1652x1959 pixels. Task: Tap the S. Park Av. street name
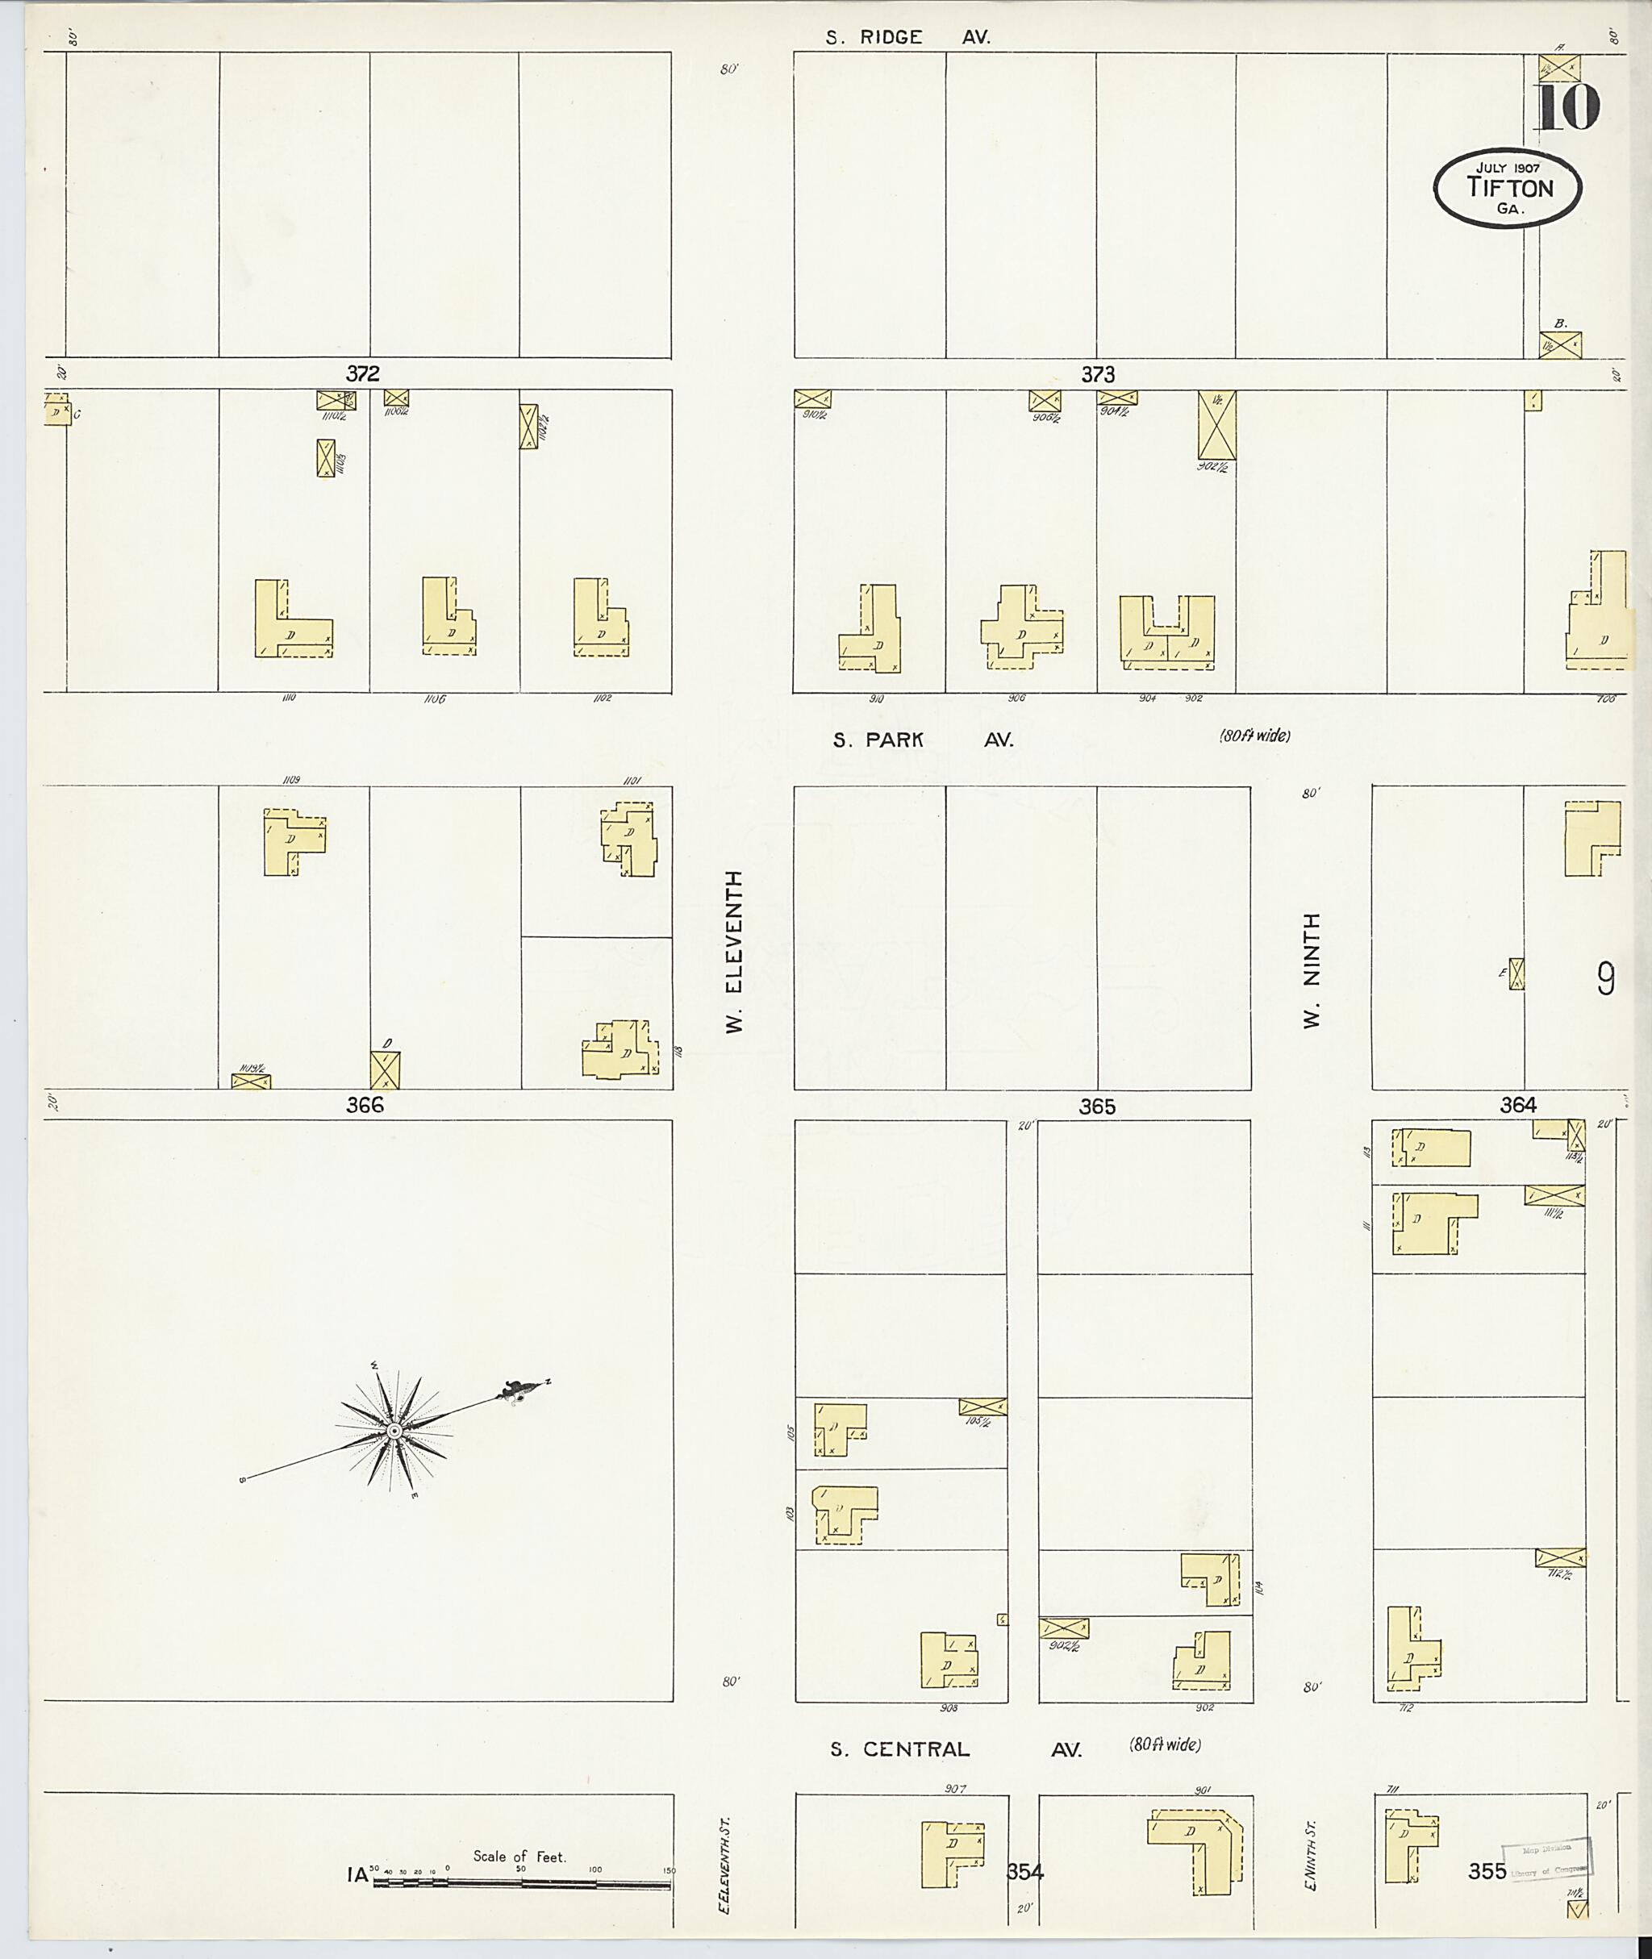click(923, 740)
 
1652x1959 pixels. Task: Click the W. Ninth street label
click(1312, 970)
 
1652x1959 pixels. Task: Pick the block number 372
click(362, 373)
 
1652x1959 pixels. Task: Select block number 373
click(1098, 374)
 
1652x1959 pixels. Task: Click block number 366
click(365, 1105)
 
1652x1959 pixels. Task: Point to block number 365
click(1097, 1107)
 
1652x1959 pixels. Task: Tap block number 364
click(1517, 1105)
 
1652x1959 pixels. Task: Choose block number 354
click(1024, 1872)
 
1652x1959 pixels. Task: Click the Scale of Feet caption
click(519, 1856)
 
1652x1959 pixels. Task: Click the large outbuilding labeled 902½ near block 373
click(1216, 425)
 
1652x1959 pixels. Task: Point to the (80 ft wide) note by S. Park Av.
click(1254, 736)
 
